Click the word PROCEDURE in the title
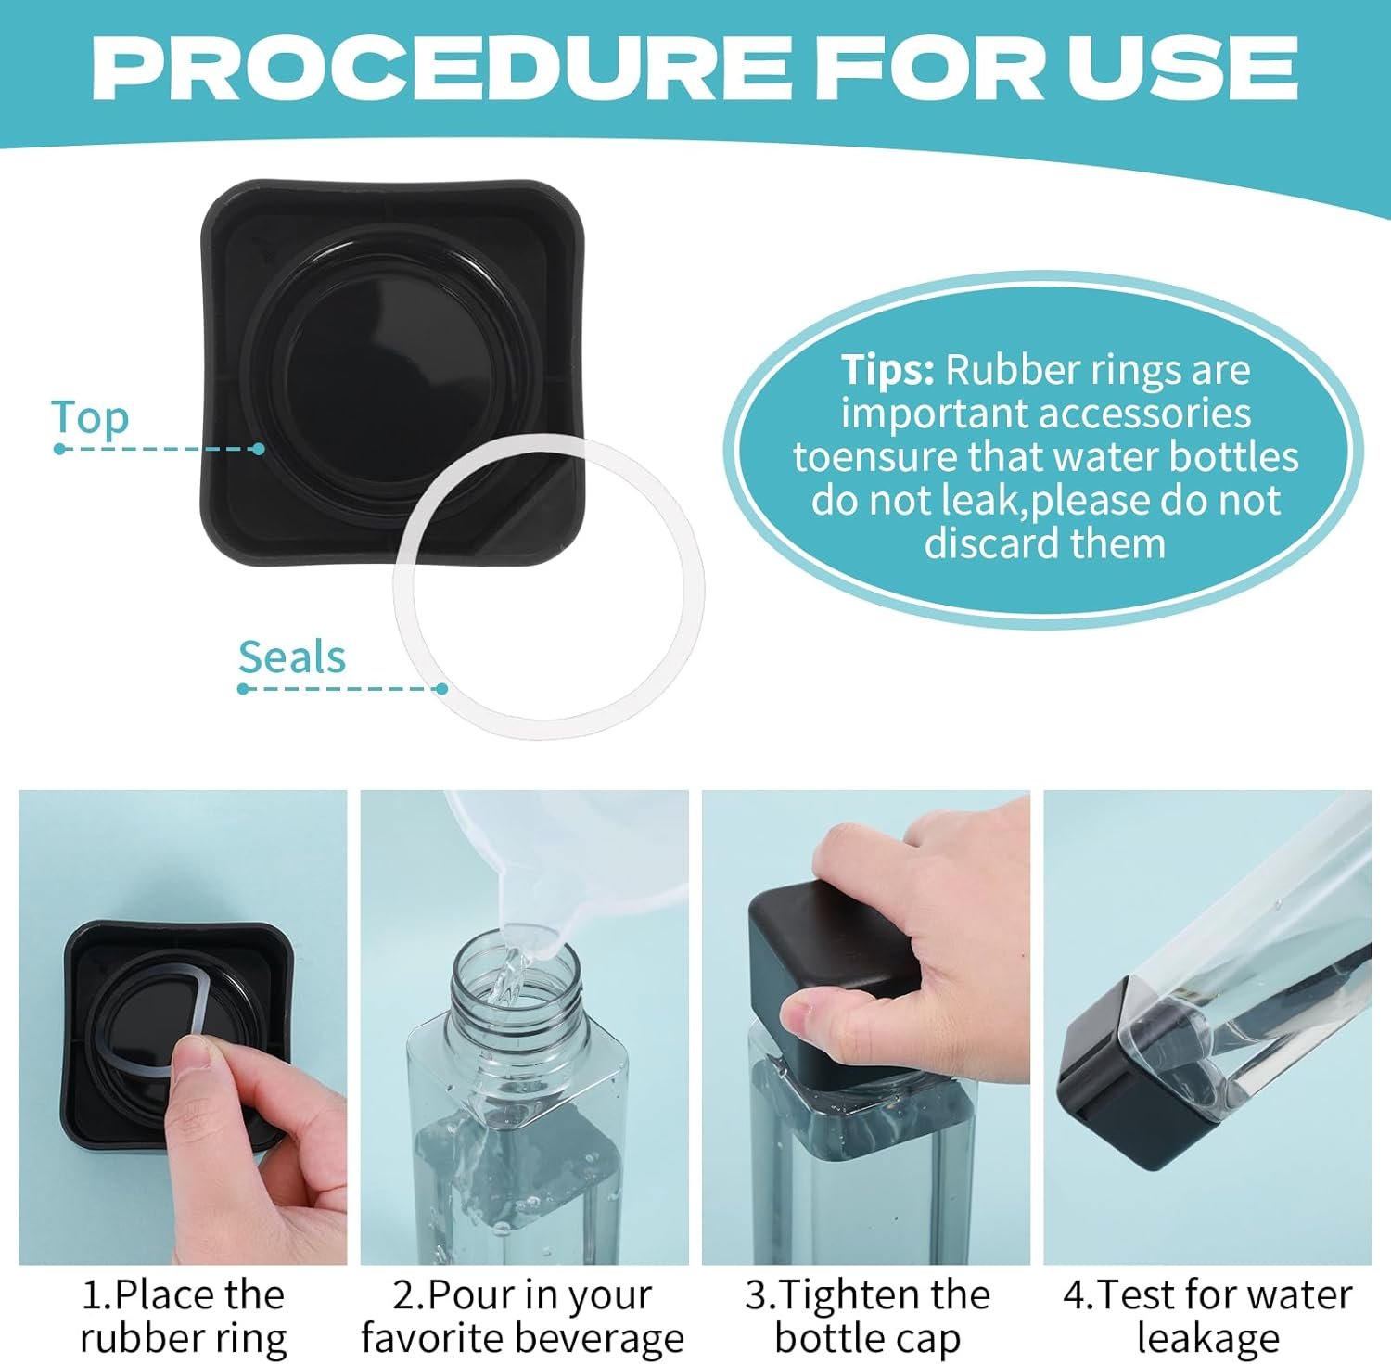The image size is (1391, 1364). pyautogui.click(x=443, y=69)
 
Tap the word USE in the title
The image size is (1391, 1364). pyautogui.click(x=1182, y=69)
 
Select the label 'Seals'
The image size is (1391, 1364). pyautogui.click(x=292, y=657)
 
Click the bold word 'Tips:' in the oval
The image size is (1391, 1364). pyautogui.click(x=887, y=369)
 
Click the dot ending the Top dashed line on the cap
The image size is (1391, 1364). pyautogui.click(x=259, y=449)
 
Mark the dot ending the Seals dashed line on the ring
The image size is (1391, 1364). pyautogui.click(x=442, y=688)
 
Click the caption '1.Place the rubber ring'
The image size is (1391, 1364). pyautogui.click(x=183, y=1316)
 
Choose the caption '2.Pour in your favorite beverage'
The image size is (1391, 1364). pyautogui.click(x=523, y=1316)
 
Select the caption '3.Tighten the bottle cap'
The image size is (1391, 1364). pyautogui.click(x=867, y=1316)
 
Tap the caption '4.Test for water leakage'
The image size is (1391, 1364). pyautogui.click(x=1207, y=1316)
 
